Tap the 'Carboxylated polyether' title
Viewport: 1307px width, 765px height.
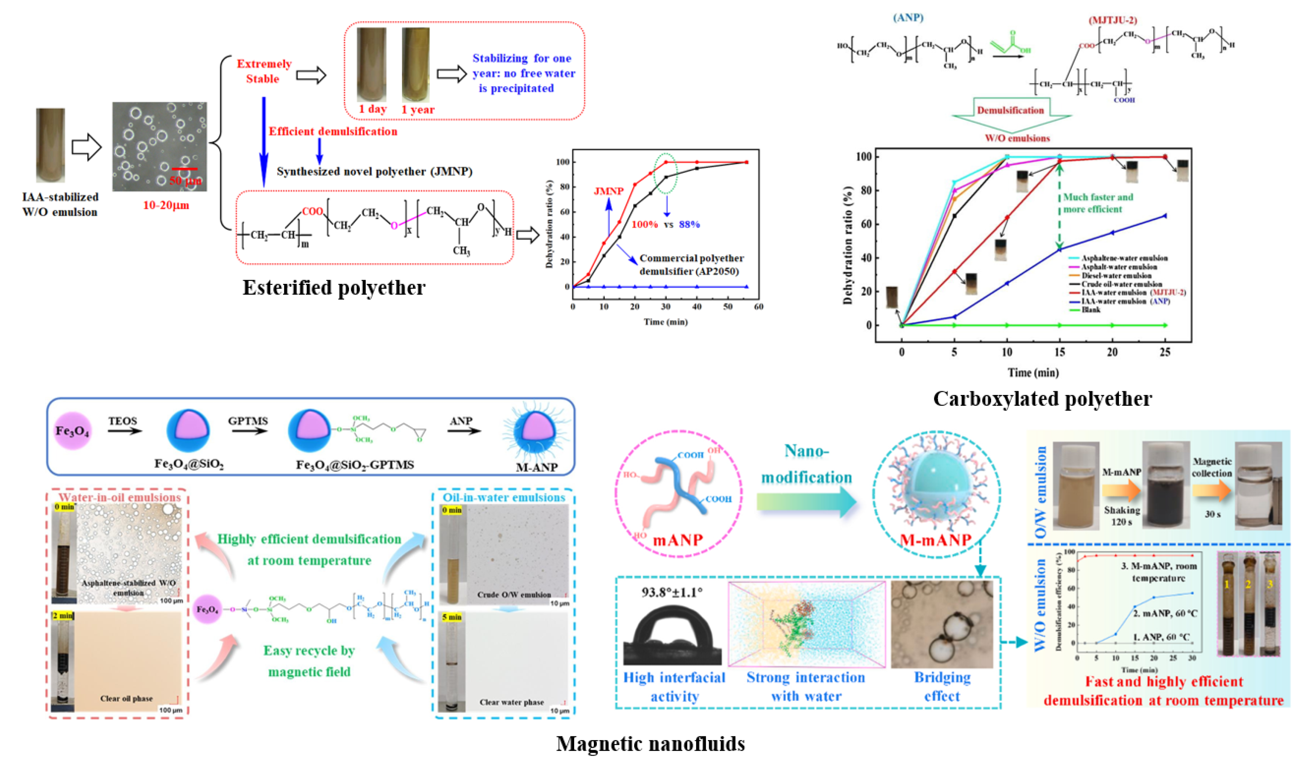click(1042, 399)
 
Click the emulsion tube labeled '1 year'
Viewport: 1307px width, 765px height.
click(415, 65)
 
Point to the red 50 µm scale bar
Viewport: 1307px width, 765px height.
click(184, 169)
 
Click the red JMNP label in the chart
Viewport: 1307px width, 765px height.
click(608, 191)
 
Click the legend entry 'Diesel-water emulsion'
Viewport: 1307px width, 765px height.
click(1116, 275)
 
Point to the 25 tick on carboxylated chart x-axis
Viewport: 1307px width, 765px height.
click(1165, 352)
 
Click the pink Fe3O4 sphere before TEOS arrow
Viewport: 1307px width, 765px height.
click(72, 431)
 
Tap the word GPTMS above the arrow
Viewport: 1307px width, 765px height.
click(248, 421)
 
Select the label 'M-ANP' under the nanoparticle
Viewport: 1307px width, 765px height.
click(536, 467)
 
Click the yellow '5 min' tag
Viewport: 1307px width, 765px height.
click(452, 617)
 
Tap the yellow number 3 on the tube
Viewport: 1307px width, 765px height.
click(1270, 584)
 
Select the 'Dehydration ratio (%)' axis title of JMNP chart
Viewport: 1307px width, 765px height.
click(549, 224)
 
